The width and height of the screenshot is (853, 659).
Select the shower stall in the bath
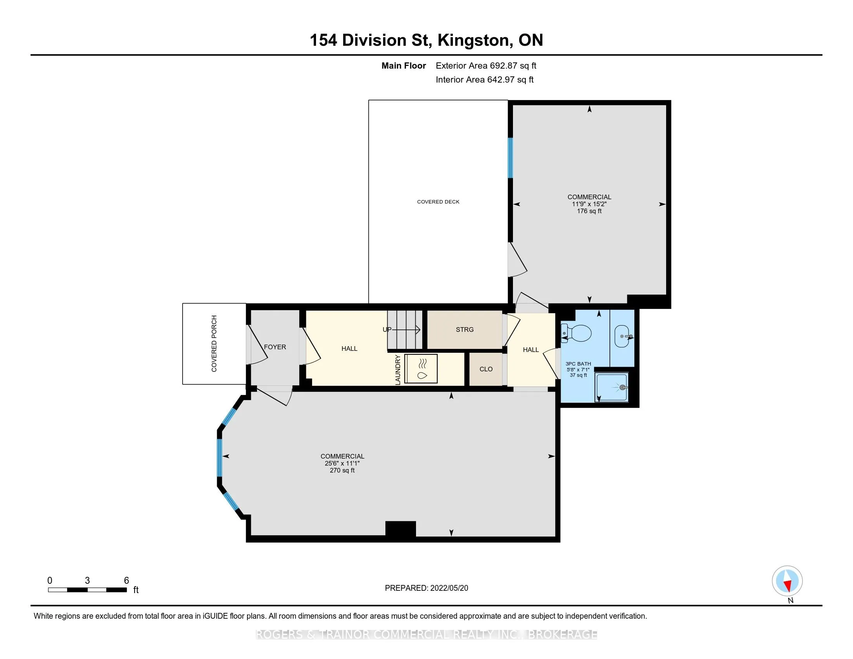611,387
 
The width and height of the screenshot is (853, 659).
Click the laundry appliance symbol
421,369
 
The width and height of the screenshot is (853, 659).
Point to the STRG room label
465,329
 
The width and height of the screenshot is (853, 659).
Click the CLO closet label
486,369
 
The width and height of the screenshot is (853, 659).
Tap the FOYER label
275,347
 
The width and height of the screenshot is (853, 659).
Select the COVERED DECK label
438,202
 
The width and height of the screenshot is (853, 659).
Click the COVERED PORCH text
214,343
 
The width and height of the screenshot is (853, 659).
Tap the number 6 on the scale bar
126,581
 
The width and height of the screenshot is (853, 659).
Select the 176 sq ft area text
589,211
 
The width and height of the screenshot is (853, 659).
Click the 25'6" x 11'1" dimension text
342,463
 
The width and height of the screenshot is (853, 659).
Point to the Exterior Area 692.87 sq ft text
486,66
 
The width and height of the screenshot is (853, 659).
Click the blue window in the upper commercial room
510,158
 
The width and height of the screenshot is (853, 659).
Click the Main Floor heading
404,66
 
